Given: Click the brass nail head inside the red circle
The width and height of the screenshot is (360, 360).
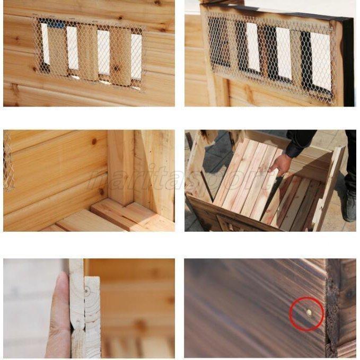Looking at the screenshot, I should pyautogui.click(x=309, y=313).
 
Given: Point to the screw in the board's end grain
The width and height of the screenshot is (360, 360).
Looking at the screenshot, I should pyautogui.click(x=86, y=290).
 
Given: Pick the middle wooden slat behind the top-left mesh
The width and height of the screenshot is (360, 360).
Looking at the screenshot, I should pyautogui.click(x=88, y=53).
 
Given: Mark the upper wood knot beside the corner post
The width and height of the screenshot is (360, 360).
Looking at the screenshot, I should pyautogui.click(x=94, y=142).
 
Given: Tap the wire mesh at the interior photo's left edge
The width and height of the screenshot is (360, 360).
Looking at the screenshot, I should pyautogui.click(x=8, y=162).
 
